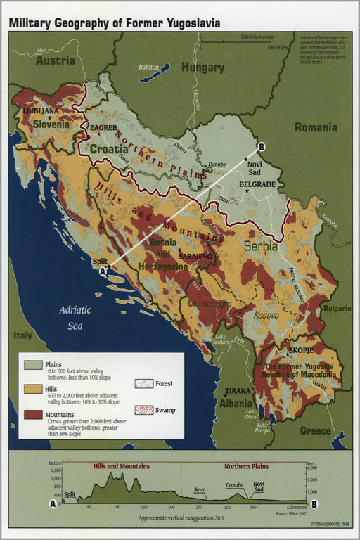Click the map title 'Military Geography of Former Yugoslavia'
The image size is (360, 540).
114,23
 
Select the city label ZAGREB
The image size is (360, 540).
103,127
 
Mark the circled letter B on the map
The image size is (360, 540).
262,146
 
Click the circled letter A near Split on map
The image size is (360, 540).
103,271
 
